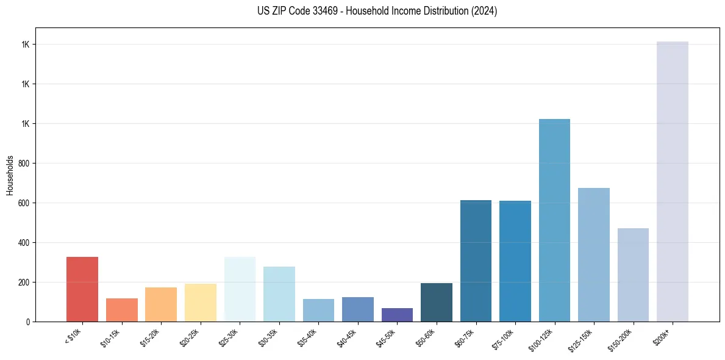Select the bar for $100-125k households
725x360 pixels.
pyautogui.click(x=554, y=220)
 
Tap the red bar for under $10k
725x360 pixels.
pyautogui.click(x=82, y=289)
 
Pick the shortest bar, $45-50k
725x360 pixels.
pyautogui.click(x=397, y=315)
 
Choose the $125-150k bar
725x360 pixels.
pyautogui.click(x=593, y=254)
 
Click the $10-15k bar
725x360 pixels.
pyautogui.click(x=122, y=310)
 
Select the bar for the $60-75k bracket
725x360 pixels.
pyautogui.click(x=476, y=261)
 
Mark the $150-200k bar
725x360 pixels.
pyautogui.click(x=633, y=275)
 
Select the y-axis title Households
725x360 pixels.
pyautogui.click(x=10, y=175)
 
